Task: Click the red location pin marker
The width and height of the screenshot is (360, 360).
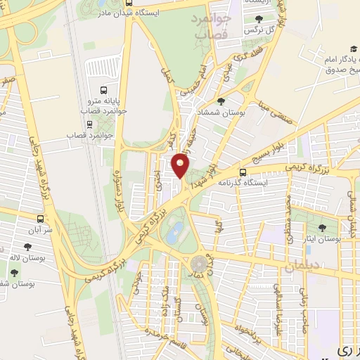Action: tap(181, 165)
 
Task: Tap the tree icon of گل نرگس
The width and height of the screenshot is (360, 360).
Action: tap(259, 19)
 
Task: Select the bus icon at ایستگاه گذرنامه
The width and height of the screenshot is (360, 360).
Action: tap(243, 172)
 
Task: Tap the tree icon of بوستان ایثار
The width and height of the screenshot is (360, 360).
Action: tap(322, 227)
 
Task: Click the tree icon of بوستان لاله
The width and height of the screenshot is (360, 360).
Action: tap(27, 246)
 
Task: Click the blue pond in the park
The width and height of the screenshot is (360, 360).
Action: tap(175, 229)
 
